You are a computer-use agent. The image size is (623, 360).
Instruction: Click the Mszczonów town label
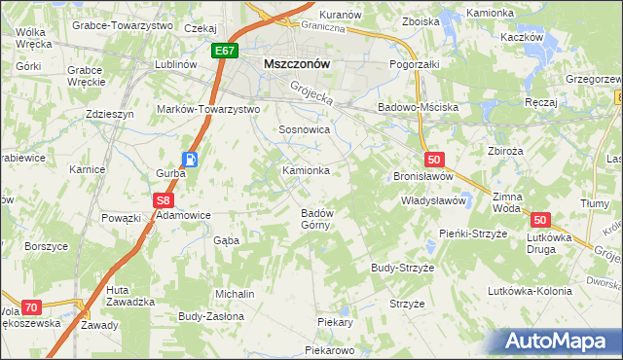tap(298, 63)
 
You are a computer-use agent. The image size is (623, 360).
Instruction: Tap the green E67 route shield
tap(223, 50)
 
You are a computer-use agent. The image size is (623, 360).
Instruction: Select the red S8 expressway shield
tap(164, 200)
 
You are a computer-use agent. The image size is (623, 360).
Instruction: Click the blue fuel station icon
tap(192, 161)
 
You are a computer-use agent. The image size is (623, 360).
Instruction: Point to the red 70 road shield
tap(31, 307)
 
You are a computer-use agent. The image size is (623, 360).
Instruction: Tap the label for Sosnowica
tap(305, 129)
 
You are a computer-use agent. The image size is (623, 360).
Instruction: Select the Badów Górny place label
tap(317, 219)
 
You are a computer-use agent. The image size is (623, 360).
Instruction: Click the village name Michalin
tap(235, 294)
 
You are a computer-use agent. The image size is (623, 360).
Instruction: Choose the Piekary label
tap(334, 321)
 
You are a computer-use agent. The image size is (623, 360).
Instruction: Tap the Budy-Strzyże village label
tap(402, 267)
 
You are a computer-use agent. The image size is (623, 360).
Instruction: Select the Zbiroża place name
tap(506, 151)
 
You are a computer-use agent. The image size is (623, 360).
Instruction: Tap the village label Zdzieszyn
tap(109, 113)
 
